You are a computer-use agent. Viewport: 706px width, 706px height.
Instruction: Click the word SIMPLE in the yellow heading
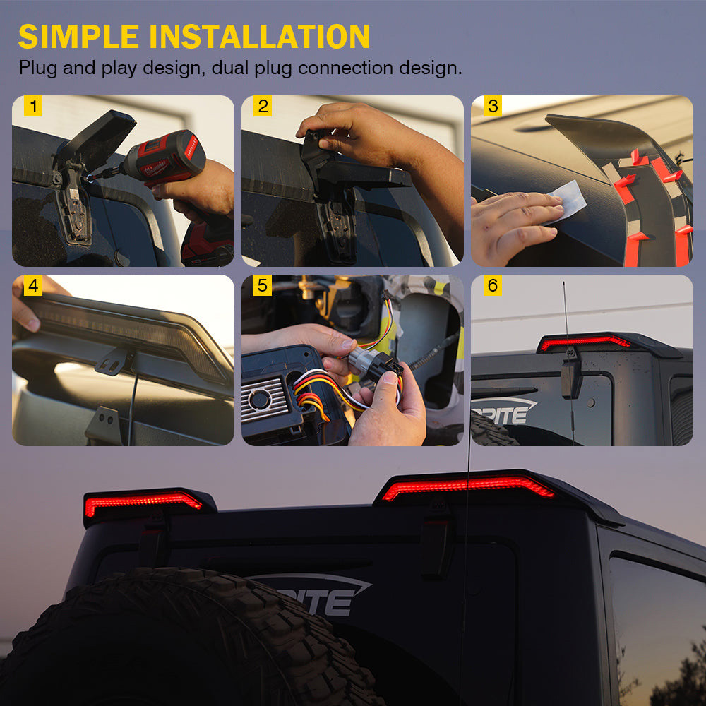coord(79,37)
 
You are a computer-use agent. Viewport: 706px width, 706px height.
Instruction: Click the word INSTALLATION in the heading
coord(259,37)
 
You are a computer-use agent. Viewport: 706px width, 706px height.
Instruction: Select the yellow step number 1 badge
coord(33,107)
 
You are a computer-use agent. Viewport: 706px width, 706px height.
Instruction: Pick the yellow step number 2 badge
coord(263,107)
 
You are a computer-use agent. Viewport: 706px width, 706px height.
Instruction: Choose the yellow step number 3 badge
coord(493,107)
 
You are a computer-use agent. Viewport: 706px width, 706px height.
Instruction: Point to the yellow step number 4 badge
coord(33,285)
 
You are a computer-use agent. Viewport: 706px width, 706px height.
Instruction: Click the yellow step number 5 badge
coord(263,285)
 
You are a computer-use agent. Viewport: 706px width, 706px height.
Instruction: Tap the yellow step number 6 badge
coord(493,285)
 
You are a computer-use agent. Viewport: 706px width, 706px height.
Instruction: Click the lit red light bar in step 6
coord(585,342)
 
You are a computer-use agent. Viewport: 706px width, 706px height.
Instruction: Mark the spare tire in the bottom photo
coord(180,640)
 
